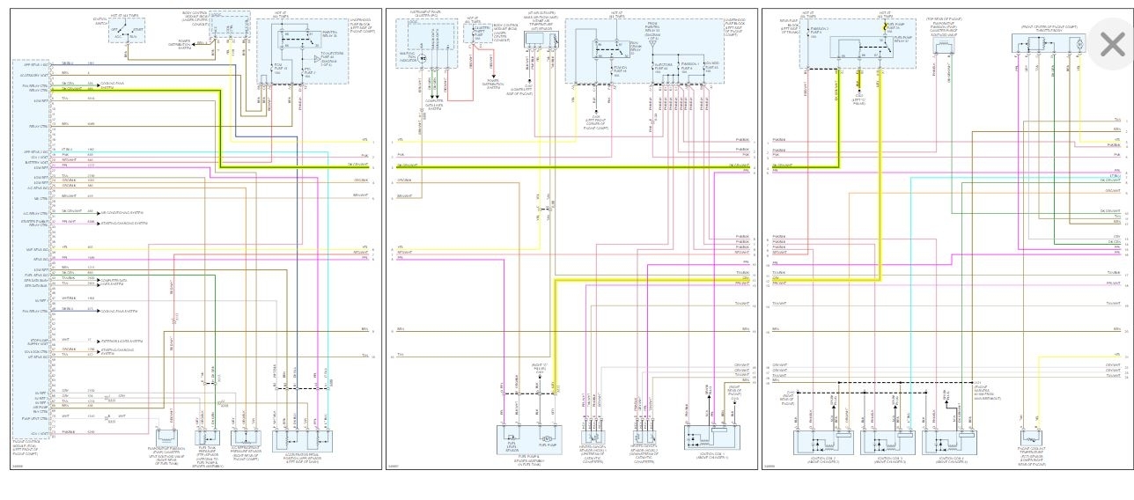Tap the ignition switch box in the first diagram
[129, 33]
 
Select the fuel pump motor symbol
[546, 437]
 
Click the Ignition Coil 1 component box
[711, 437]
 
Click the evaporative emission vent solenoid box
[168, 437]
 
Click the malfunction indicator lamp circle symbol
[422, 58]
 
